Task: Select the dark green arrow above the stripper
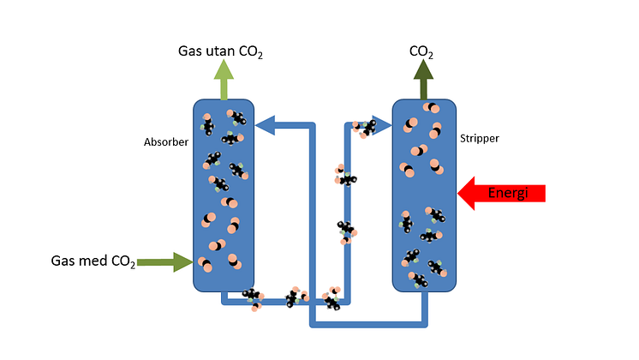point(422,82)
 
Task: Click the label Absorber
point(165,141)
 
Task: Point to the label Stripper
point(479,137)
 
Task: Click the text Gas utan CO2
point(220,51)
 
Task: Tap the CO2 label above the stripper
point(421,51)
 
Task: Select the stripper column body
point(424,197)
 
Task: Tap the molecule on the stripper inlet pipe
point(367,127)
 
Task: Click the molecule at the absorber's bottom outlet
point(252,297)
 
